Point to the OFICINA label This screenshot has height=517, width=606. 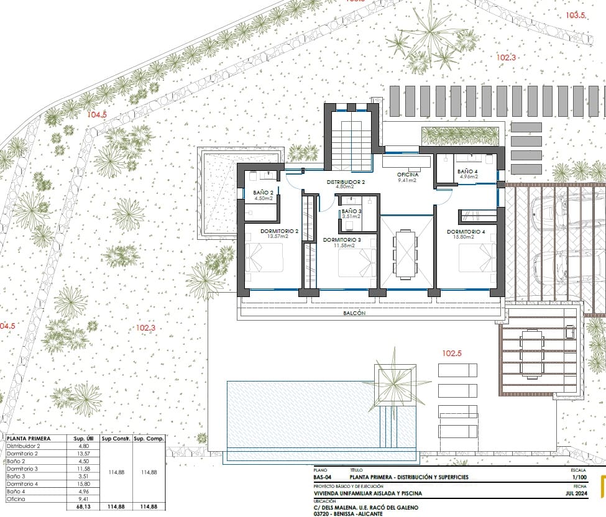(x=408, y=175)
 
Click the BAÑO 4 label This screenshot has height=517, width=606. (x=467, y=171)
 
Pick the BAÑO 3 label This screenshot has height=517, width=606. (x=351, y=211)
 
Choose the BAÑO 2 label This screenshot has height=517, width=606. (x=264, y=193)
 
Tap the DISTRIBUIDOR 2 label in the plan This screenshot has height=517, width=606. (x=346, y=182)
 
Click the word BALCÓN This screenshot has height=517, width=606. (x=354, y=314)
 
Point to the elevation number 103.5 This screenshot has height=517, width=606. (x=576, y=16)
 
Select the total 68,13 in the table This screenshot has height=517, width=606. (x=82, y=506)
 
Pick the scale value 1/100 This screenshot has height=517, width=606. (x=577, y=477)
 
